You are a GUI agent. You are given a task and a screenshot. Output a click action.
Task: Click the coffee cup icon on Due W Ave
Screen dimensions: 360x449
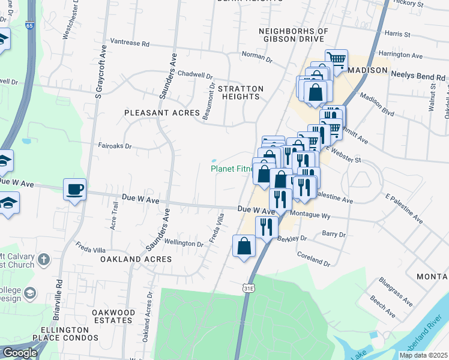coord(74,190)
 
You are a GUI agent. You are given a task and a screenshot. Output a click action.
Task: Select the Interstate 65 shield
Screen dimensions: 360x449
coord(30,26)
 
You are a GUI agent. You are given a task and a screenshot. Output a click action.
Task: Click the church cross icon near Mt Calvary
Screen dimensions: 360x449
coord(43,260)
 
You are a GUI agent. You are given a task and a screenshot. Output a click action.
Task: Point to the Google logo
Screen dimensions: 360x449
coord(20,353)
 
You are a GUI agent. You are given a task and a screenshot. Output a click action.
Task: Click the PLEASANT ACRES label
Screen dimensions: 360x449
coord(153,113)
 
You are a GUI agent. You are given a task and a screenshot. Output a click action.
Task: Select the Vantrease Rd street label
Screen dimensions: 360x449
coord(129,43)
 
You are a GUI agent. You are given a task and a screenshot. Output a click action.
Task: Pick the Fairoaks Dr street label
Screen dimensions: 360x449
coord(115,145)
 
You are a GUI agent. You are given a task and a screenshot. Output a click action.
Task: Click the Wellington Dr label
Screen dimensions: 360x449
coord(184,244)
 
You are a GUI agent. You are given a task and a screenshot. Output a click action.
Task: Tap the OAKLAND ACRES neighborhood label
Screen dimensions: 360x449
coord(136,259)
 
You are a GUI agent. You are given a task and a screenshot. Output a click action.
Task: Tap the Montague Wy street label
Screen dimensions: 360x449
coord(310,214)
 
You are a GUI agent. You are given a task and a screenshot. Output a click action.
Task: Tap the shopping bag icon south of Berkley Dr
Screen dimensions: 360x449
coord(244,246)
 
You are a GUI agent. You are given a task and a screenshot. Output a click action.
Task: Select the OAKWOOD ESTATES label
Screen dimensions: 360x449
coord(113,317)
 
